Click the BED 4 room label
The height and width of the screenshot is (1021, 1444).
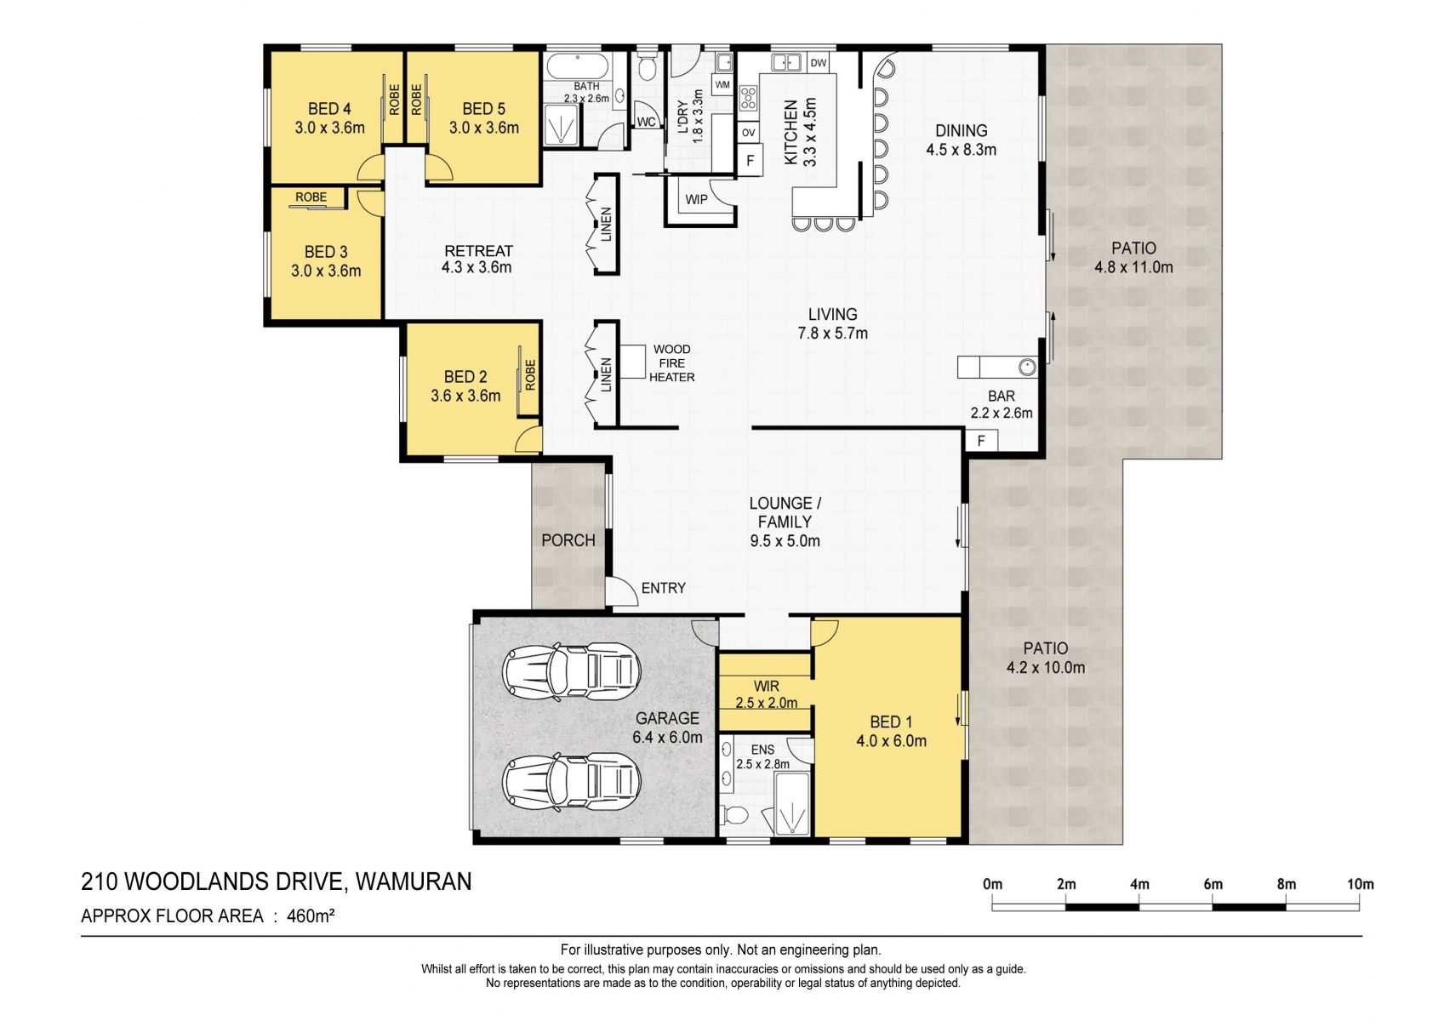(329, 109)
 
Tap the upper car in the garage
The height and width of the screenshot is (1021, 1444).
(571, 670)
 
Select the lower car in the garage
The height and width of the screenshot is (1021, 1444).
(571, 782)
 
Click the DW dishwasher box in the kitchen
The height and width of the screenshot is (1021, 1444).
(818, 62)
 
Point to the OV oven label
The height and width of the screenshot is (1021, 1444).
(748, 133)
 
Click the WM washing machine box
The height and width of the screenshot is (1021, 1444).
(722, 85)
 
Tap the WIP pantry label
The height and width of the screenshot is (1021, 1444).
(696, 200)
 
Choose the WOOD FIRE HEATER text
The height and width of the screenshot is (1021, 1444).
(671, 363)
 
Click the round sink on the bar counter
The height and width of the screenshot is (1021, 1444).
(1027, 368)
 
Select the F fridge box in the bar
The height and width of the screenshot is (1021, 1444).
(981, 441)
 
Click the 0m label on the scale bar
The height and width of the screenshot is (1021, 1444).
(992, 884)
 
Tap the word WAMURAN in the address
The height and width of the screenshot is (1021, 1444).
(414, 881)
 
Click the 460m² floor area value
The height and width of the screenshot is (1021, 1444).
(311, 915)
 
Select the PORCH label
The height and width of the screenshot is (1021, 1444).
(568, 540)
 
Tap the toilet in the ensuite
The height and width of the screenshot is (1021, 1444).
(734, 815)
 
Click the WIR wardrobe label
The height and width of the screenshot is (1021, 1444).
(766, 687)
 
